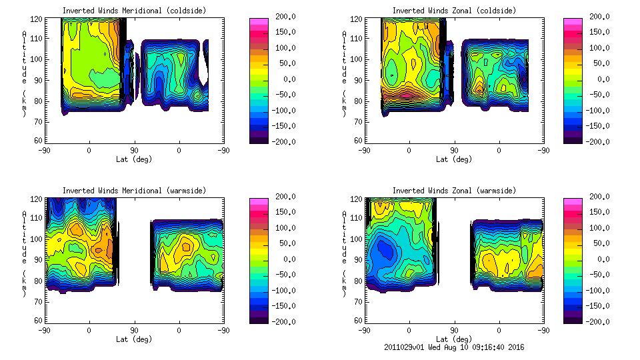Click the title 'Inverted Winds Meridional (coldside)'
[134, 11]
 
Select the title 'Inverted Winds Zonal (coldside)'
[454, 11]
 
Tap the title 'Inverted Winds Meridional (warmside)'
[134, 191]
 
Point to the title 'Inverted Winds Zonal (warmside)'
[454, 191]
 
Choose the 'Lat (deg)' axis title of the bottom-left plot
[134, 339]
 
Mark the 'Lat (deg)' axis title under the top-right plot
[454, 159]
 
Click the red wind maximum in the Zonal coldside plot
[406, 95]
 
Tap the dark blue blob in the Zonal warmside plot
[384, 250]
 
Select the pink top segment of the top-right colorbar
[573, 21]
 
